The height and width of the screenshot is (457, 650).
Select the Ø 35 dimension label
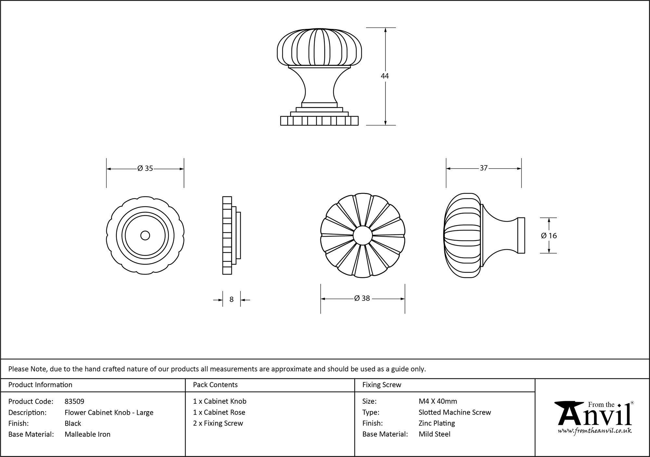(145, 168)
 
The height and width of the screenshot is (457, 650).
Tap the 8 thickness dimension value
(231, 299)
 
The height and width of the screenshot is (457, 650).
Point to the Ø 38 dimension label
(362, 298)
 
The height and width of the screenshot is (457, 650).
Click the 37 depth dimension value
(484, 168)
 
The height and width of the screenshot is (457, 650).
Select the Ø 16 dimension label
(549, 236)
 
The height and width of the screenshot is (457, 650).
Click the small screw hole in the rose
(145, 235)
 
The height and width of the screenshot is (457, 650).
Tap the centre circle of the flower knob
(363, 235)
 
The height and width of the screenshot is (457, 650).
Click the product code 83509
(74, 401)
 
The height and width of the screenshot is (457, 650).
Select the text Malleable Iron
(87, 434)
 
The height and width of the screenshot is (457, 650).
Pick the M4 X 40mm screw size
(438, 401)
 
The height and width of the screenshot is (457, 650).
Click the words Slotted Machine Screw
(455, 412)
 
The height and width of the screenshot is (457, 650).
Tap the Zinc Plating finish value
(436, 423)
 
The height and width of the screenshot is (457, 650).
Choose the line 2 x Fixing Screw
(218, 423)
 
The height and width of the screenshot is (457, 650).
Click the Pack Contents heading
(215, 385)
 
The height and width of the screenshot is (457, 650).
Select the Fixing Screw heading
(382, 385)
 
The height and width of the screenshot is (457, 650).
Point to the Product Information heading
(40, 385)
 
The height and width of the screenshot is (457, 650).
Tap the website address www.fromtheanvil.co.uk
(595, 431)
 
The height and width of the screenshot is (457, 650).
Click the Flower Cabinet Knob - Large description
(109, 412)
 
